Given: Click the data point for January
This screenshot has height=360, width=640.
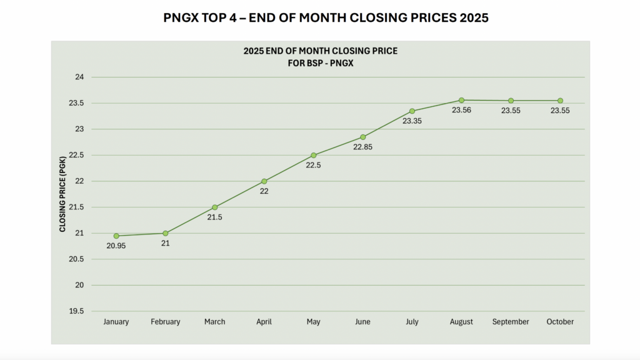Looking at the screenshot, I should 116,236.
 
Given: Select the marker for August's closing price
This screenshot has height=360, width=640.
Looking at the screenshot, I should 461,100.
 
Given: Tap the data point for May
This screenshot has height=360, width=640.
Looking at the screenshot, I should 314,155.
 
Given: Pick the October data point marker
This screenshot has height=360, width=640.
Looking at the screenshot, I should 560,101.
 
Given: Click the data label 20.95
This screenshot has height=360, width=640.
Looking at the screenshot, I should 116,246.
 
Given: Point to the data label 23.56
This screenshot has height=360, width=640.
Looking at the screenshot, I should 461,111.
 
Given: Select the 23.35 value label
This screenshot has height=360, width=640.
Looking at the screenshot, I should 412,121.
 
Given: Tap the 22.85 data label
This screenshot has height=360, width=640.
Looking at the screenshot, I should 362,147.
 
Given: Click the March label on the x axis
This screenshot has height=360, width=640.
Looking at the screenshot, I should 215,322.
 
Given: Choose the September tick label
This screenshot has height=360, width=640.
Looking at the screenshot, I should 511,322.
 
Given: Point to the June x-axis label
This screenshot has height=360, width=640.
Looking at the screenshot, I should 362,322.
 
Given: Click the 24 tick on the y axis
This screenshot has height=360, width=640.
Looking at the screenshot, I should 79,77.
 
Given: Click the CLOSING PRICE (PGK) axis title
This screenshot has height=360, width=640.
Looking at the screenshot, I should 62,194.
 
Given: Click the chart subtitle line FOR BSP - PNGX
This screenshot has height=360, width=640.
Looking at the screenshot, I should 320,62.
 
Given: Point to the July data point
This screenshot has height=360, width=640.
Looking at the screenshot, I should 412,111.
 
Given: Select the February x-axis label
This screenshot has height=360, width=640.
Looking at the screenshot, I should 166,322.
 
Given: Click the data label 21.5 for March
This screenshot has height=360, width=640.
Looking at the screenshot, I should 215,217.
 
